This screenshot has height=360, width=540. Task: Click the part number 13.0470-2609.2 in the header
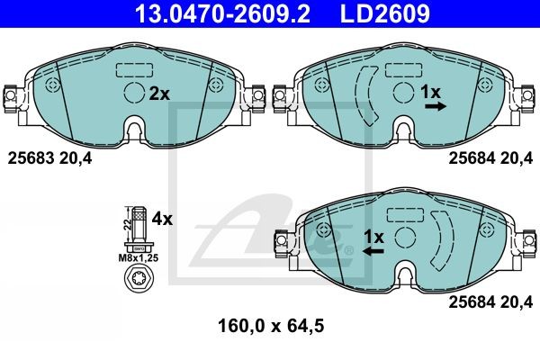tap(222, 13)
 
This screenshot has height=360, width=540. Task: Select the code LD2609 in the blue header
tap(385, 13)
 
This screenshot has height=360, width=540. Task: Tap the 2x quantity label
tap(159, 94)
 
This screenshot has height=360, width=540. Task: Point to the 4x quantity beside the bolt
tap(162, 219)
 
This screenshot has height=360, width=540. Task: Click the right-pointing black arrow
tap(436, 106)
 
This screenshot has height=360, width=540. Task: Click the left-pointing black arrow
tap(373, 251)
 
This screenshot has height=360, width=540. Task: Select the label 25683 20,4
tap(49, 158)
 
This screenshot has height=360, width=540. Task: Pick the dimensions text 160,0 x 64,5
tap(271, 326)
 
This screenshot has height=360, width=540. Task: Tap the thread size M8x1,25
tap(139, 258)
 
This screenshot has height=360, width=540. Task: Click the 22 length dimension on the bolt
tap(128, 225)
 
